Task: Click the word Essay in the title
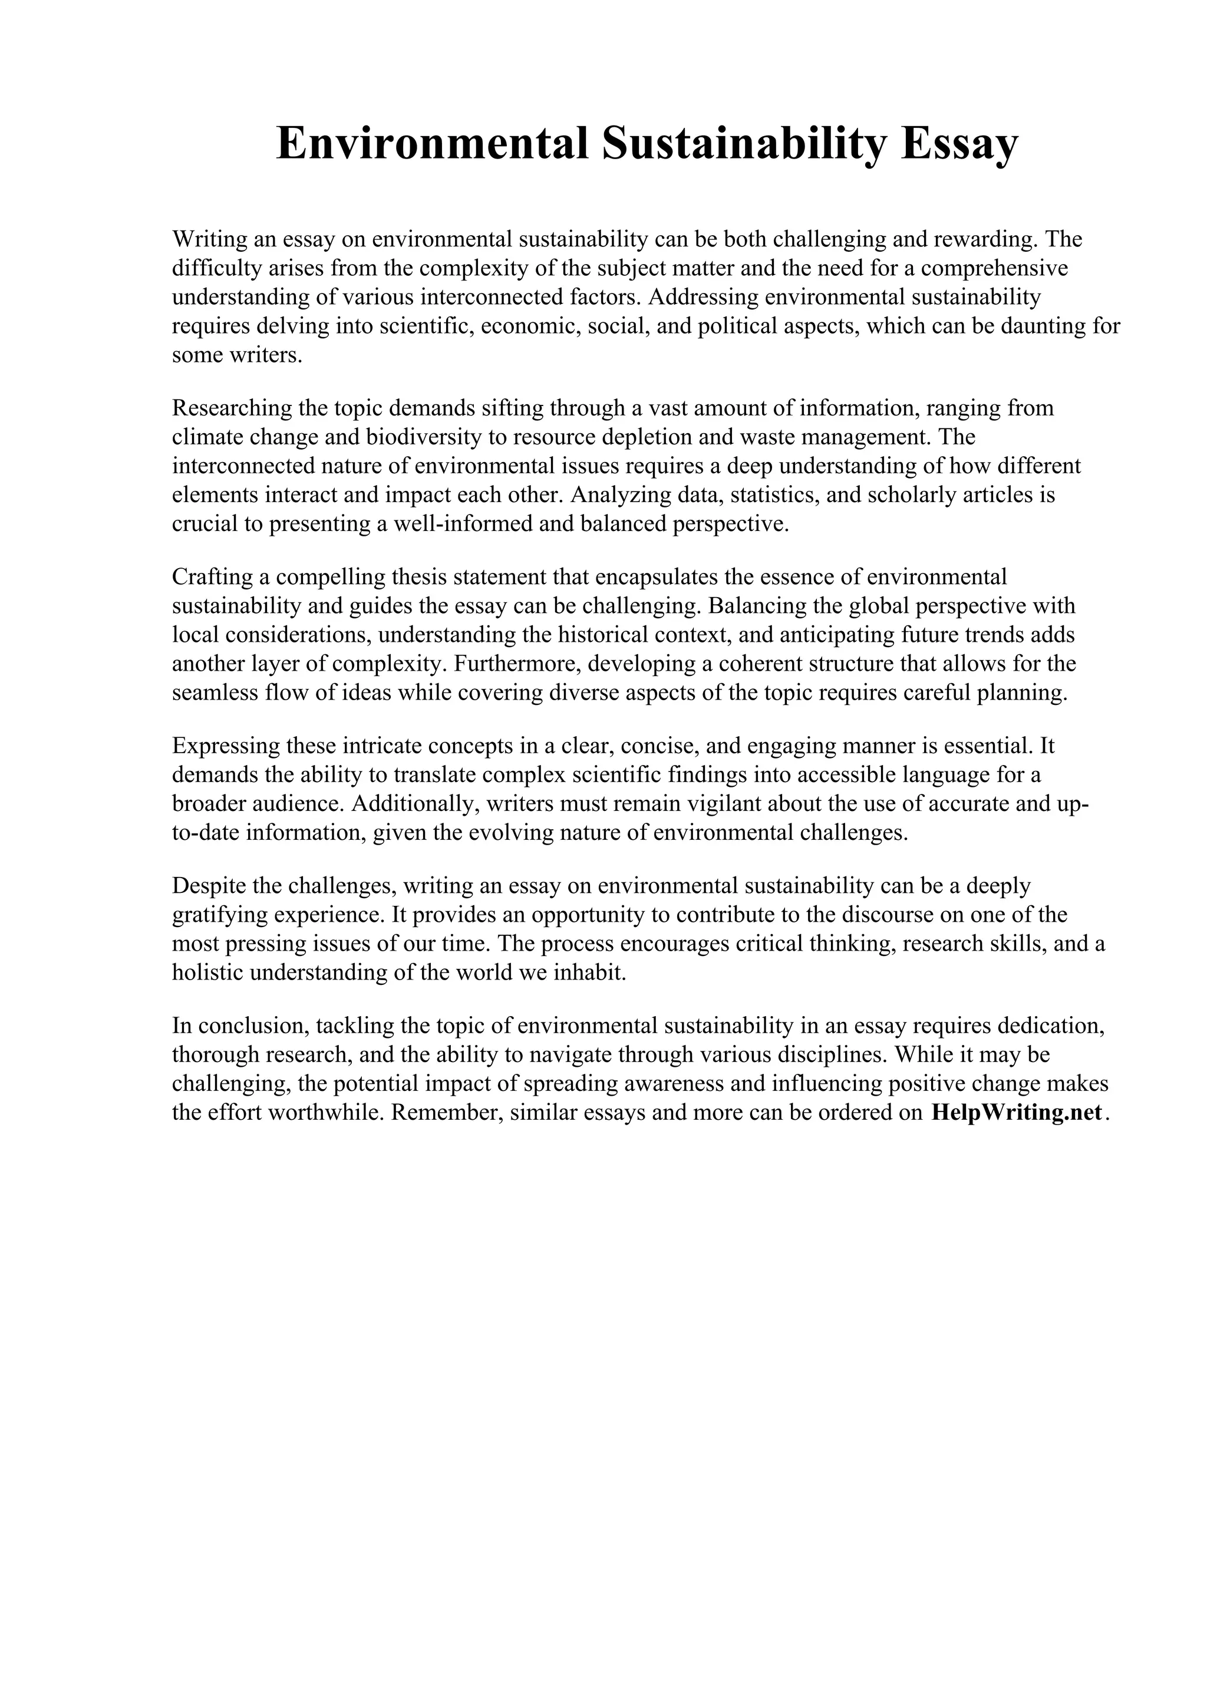click(x=959, y=144)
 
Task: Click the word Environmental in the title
click(x=432, y=144)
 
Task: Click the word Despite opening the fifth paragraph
click(x=209, y=886)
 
